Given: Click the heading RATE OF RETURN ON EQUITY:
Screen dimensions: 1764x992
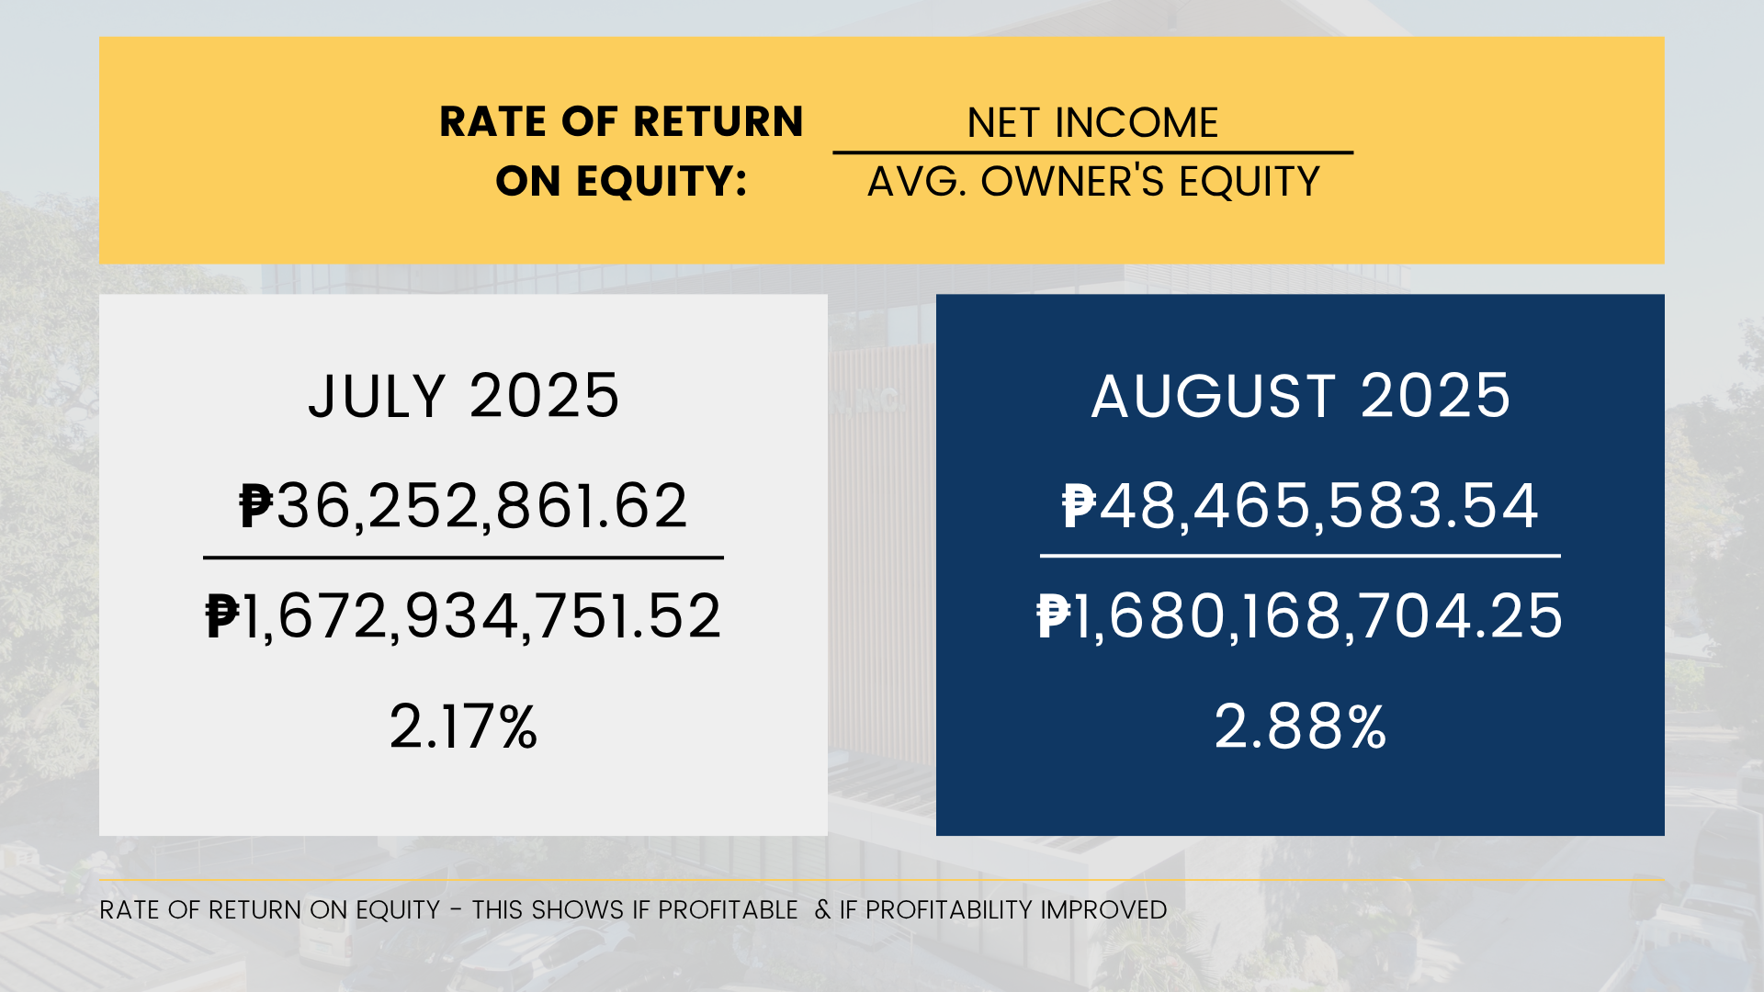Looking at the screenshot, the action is click(x=621, y=151).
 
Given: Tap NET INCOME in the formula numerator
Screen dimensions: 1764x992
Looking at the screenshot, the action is click(x=1092, y=123).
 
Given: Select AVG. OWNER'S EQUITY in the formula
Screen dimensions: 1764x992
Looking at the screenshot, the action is click(x=1093, y=182).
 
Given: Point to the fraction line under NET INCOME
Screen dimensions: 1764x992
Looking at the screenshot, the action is click(x=1093, y=152).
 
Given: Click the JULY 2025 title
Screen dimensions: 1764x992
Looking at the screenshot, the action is click(x=464, y=396).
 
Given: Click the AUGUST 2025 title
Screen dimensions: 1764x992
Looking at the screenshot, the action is click(x=1301, y=396).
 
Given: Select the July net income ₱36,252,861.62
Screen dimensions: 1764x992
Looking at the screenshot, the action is click(x=463, y=506).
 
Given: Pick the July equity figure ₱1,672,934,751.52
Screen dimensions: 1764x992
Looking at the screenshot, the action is click(x=463, y=616).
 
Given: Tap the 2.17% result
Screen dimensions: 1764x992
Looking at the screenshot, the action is click(x=463, y=727).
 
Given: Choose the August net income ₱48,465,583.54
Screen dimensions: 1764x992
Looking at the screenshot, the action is click(x=1300, y=506).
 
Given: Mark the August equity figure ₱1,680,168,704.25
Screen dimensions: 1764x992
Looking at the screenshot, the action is click(x=1300, y=616).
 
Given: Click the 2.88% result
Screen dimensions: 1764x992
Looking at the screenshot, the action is click(x=1300, y=727).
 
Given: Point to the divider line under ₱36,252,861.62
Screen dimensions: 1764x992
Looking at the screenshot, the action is click(x=463, y=558).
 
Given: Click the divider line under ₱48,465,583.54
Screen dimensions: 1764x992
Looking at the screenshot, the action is click(x=1300, y=556).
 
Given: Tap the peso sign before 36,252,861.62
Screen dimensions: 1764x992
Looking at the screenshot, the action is click(x=256, y=506).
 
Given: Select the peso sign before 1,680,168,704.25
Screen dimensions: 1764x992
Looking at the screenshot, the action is click(x=1054, y=616).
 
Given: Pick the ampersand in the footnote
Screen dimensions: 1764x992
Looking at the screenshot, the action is click(x=822, y=910).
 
